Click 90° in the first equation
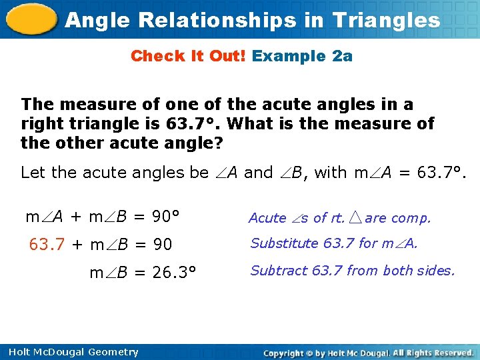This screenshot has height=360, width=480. point(165,217)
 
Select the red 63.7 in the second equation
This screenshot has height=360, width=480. point(47,245)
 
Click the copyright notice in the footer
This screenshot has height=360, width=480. point(368,352)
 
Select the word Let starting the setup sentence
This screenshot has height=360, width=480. point(33,173)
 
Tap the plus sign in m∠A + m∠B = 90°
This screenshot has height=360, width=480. point(76,217)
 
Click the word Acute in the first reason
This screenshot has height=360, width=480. point(267,218)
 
